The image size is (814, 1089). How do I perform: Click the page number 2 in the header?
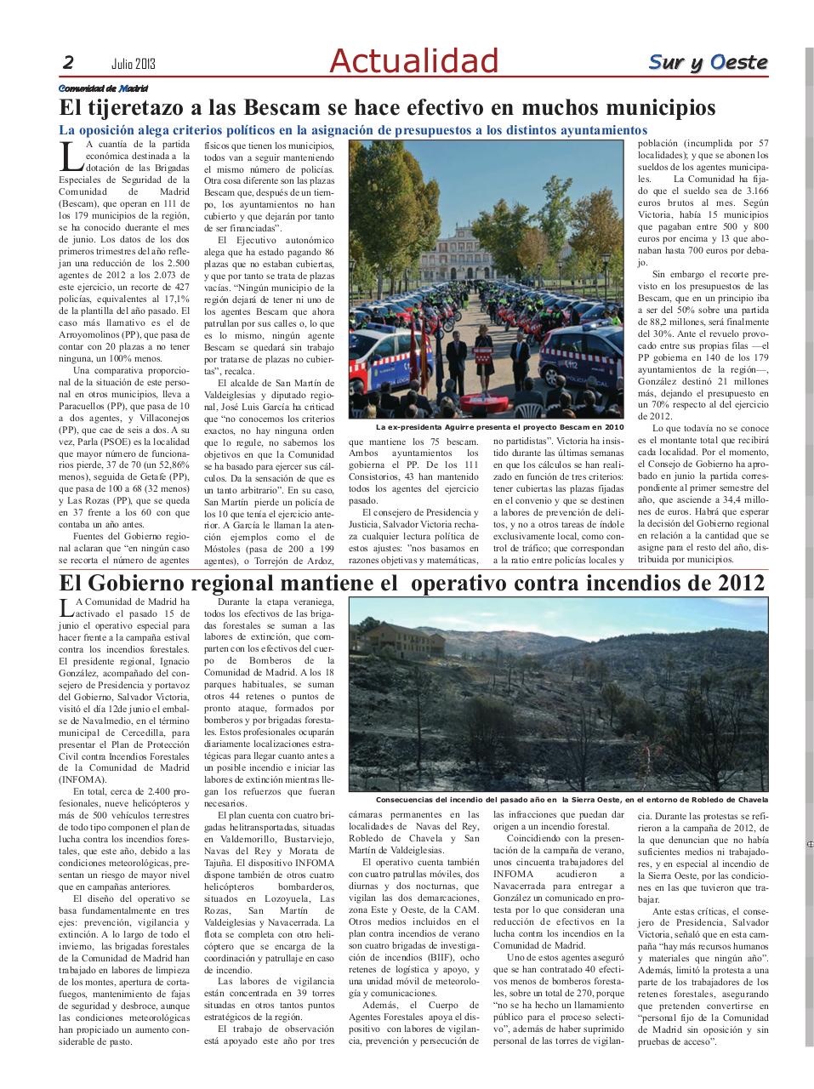pyautogui.click(x=68, y=62)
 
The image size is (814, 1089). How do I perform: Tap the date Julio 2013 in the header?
pyautogui.click(x=133, y=63)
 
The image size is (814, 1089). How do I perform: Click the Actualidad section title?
pyautogui.click(x=413, y=60)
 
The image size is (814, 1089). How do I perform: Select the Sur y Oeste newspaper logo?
pyautogui.click(x=708, y=62)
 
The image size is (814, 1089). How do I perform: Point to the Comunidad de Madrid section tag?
pyautogui.click(x=103, y=88)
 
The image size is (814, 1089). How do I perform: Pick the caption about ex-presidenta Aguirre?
pyautogui.click(x=499, y=426)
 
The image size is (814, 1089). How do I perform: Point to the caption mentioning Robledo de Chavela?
pyautogui.click(x=571, y=800)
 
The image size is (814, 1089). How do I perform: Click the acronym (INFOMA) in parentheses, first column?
pyautogui.click(x=83, y=778)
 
